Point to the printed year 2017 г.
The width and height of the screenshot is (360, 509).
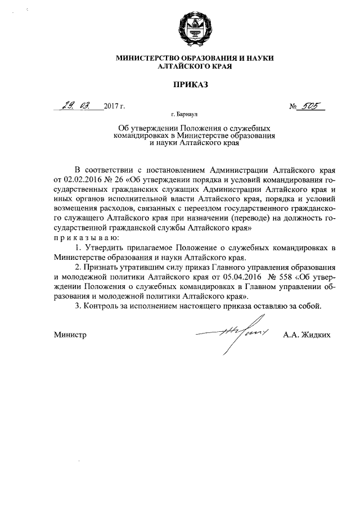(114, 106)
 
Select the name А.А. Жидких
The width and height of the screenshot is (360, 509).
(307, 335)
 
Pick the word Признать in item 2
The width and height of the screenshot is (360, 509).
(103, 268)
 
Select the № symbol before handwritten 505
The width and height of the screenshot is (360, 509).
(293, 106)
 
